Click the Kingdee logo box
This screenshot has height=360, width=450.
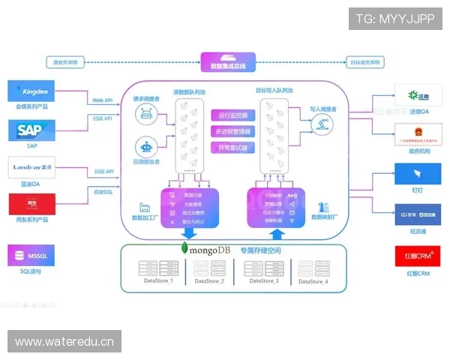pyautogui.click(x=31, y=92)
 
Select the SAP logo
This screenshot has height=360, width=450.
pyautogui.click(x=31, y=131)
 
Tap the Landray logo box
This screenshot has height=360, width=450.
pyautogui.click(x=31, y=168)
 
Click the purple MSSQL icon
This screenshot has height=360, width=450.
pyautogui.click(x=31, y=255)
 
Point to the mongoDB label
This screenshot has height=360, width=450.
pyautogui.click(x=204, y=248)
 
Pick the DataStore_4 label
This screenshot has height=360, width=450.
pyautogui.click(x=313, y=280)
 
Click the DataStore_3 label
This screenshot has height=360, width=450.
pyautogui.click(x=264, y=280)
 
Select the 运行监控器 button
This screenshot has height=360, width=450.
pyautogui.click(x=233, y=115)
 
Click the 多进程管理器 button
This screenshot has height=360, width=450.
pyautogui.click(x=233, y=132)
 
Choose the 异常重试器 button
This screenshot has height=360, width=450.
pyautogui.click(x=233, y=148)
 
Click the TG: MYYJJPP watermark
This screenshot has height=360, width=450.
pyautogui.click(x=395, y=19)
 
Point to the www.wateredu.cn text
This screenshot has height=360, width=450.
pyautogui.click(x=65, y=342)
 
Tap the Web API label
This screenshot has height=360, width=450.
pyautogui.click(x=103, y=100)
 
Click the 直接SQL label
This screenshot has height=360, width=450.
pyautogui.click(x=103, y=193)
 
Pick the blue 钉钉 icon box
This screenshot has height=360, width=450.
pyautogui.click(x=418, y=173)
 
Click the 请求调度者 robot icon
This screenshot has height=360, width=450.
pyautogui.click(x=146, y=114)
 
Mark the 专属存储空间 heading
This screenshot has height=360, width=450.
pyautogui.click(x=262, y=248)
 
